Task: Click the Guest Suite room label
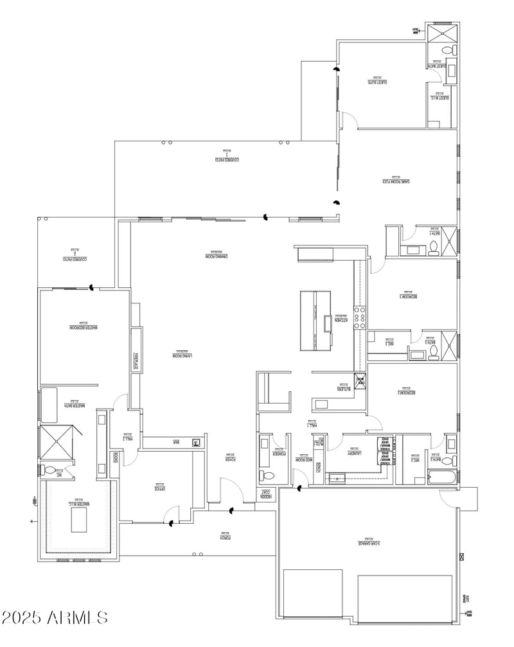tap(381, 82)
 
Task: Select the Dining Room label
tap(217, 256)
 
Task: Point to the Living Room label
tap(182, 355)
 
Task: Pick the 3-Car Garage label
tap(369, 543)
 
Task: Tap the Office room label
tap(159, 488)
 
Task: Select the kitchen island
tap(315, 321)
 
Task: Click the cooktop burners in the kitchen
tap(361, 317)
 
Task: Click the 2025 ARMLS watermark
tap(55, 618)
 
